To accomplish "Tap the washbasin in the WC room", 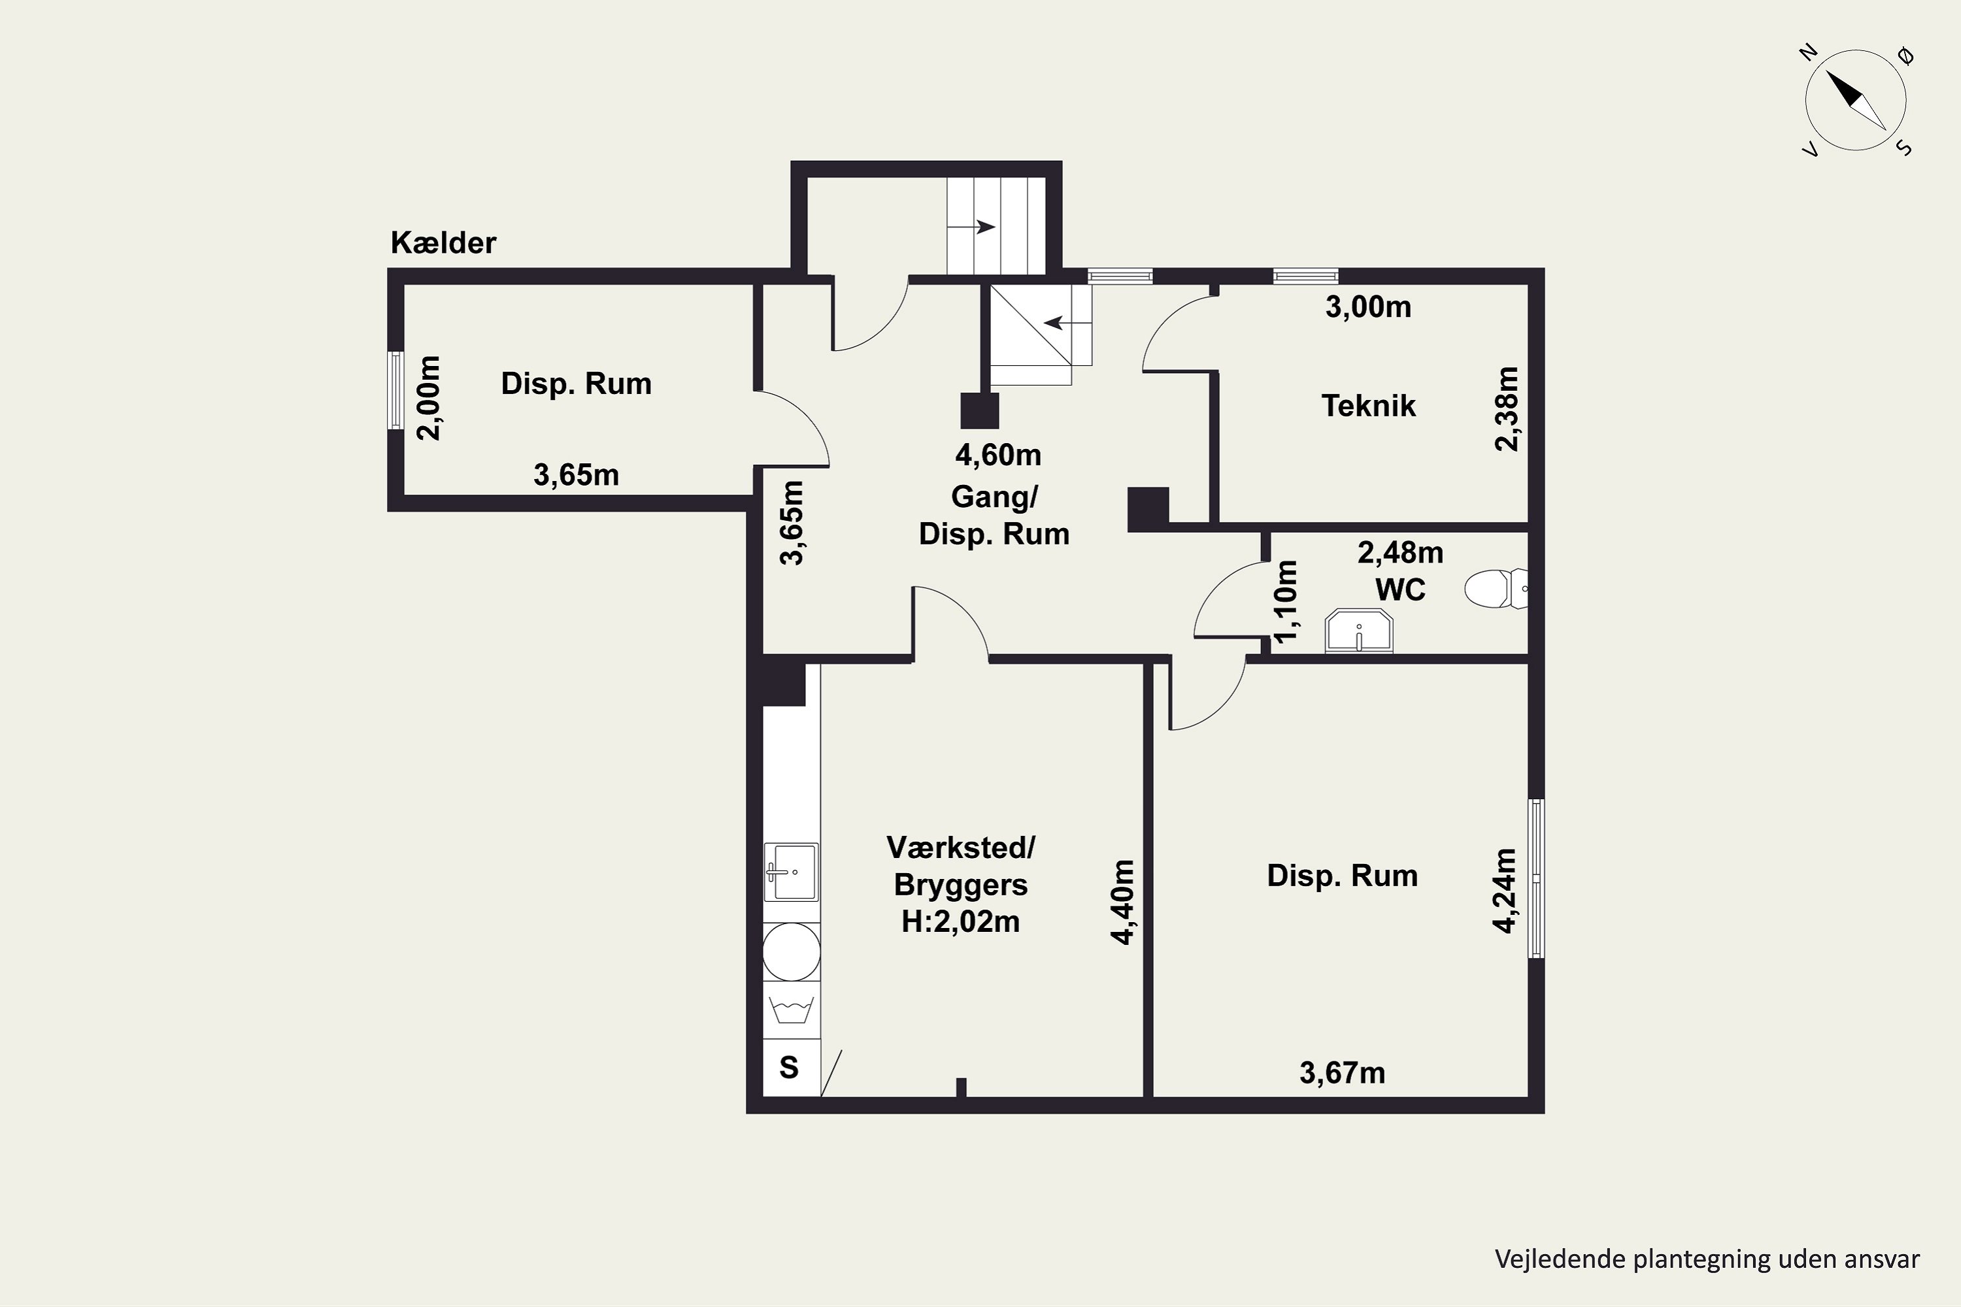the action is click(1359, 631).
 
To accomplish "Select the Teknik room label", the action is click(1368, 406).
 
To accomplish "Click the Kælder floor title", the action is click(444, 242).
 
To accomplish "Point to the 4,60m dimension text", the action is click(998, 455).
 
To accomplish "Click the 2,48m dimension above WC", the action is click(1401, 553).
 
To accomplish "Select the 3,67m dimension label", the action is click(1343, 1073).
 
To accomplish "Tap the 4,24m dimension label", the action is click(1504, 890).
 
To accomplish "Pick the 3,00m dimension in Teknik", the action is click(1368, 306).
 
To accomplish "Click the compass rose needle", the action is click(1856, 100).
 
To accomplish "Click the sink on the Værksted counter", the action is click(791, 872).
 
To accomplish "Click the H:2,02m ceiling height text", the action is click(960, 922).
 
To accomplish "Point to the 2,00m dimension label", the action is click(429, 397).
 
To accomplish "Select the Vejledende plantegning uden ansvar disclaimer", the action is click(1707, 1259).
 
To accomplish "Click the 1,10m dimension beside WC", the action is click(1286, 602).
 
